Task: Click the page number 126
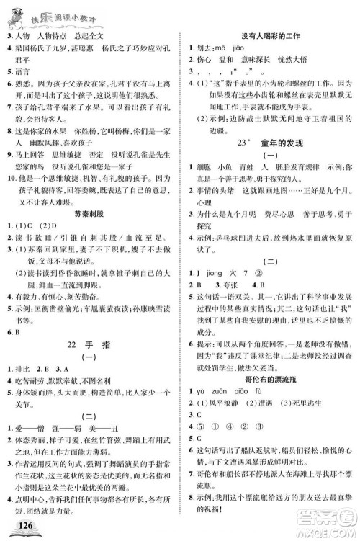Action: coord(27,524)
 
